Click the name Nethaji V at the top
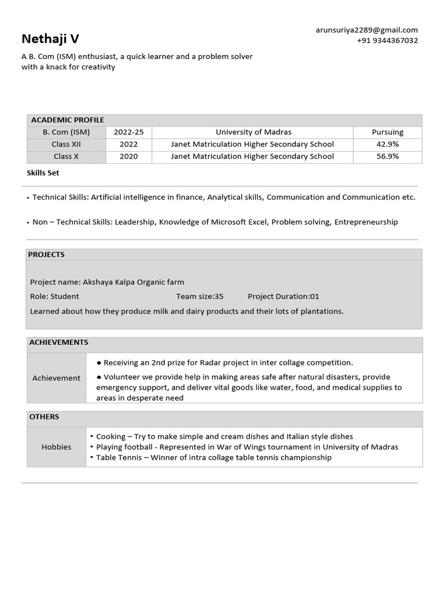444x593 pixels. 50,39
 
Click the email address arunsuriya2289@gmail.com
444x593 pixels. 367,30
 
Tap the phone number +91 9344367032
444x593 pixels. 387,41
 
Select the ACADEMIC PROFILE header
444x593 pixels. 68,120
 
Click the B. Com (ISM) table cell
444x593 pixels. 66,132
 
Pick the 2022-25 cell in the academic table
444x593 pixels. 129,132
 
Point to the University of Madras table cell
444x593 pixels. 253,132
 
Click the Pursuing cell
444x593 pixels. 387,132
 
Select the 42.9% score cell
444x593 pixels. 387,144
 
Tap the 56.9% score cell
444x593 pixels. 387,156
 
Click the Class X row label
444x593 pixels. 66,156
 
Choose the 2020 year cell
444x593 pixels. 129,156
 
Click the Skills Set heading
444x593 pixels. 43,173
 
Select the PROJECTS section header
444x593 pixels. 47,254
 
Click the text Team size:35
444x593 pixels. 200,296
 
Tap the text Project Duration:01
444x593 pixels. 283,296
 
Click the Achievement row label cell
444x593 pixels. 57,378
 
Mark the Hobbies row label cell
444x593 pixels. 57,447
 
